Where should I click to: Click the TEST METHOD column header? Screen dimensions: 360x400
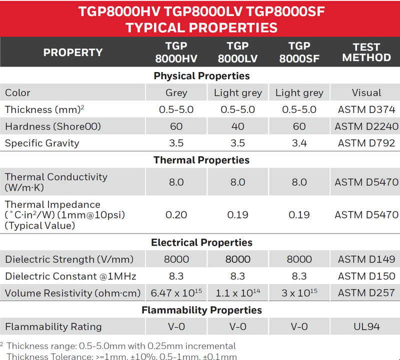pyautogui.click(x=366, y=52)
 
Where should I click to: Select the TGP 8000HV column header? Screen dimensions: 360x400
pyautogui.click(x=176, y=52)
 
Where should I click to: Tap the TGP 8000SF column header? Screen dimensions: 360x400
pyautogui.click(x=299, y=52)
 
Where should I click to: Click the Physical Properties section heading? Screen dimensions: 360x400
pyautogui.click(x=201, y=76)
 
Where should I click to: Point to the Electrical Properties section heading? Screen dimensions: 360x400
pyautogui.click(x=201, y=242)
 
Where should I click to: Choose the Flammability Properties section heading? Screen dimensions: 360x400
pyautogui.click(x=201, y=310)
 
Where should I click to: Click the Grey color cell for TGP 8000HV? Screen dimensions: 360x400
pyautogui.click(x=176, y=92)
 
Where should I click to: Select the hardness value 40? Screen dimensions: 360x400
pyautogui.click(x=237, y=126)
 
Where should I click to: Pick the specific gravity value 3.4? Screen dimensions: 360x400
pyautogui.click(x=299, y=143)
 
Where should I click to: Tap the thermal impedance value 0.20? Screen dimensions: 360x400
pyautogui.click(x=176, y=214)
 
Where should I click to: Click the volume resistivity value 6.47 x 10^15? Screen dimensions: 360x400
pyautogui.click(x=176, y=293)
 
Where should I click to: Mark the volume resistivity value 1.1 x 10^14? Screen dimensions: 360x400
pyautogui.click(x=237, y=293)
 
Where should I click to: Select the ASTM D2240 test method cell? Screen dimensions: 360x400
pyautogui.click(x=366, y=126)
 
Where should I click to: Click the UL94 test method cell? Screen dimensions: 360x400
pyautogui.click(x=366, y=326)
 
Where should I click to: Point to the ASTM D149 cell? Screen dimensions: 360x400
pyautogui.click(x=366, y=259)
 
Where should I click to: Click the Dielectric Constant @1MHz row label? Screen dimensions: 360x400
pyautogui.click(x=70, y=276)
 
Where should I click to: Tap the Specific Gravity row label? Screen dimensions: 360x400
pyautogui.click(x=42, y=143)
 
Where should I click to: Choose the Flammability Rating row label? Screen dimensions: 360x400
pyautogui.click(x=53, y=326)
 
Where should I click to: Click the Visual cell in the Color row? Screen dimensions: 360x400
pyautogui.click(x=366, y=92)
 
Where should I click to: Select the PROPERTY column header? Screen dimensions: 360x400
pyautogui.click(x=73, y=52)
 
